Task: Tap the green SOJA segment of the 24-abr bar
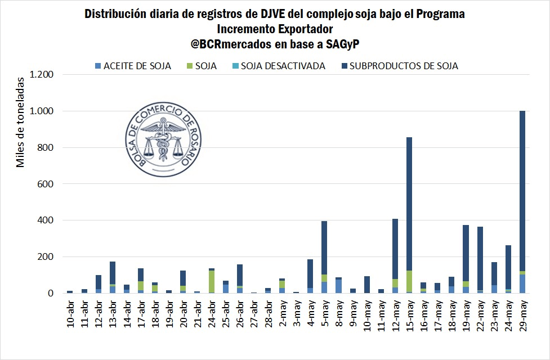211,281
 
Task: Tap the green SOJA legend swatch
190,66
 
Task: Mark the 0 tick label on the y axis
51,293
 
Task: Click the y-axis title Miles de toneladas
21,127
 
